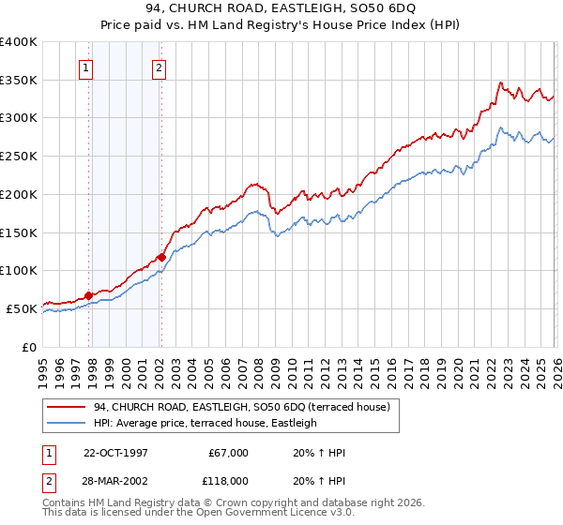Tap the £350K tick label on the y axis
19,80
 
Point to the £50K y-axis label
22,308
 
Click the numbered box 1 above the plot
85,67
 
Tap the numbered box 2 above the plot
160,67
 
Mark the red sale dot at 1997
89,295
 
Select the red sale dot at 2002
162,257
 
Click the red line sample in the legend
67,407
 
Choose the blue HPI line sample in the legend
67,423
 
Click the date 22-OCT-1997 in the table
115,453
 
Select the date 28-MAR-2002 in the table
115,480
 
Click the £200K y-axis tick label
19,194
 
